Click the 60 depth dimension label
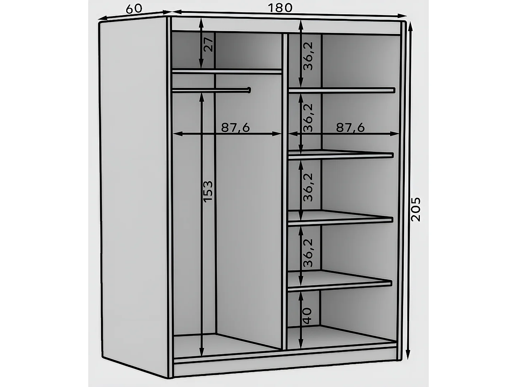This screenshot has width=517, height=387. pos(134,9)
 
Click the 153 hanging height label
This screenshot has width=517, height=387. pos(208,192)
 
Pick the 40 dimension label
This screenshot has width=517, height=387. pos(307,316)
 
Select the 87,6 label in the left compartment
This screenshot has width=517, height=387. pos(235,127)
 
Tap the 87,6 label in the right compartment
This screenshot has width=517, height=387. pos(350,127)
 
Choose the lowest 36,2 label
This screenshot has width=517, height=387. pos(308,252)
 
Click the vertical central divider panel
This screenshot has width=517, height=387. pos(285,190)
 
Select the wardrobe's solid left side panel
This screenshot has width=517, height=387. pos(133,193)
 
